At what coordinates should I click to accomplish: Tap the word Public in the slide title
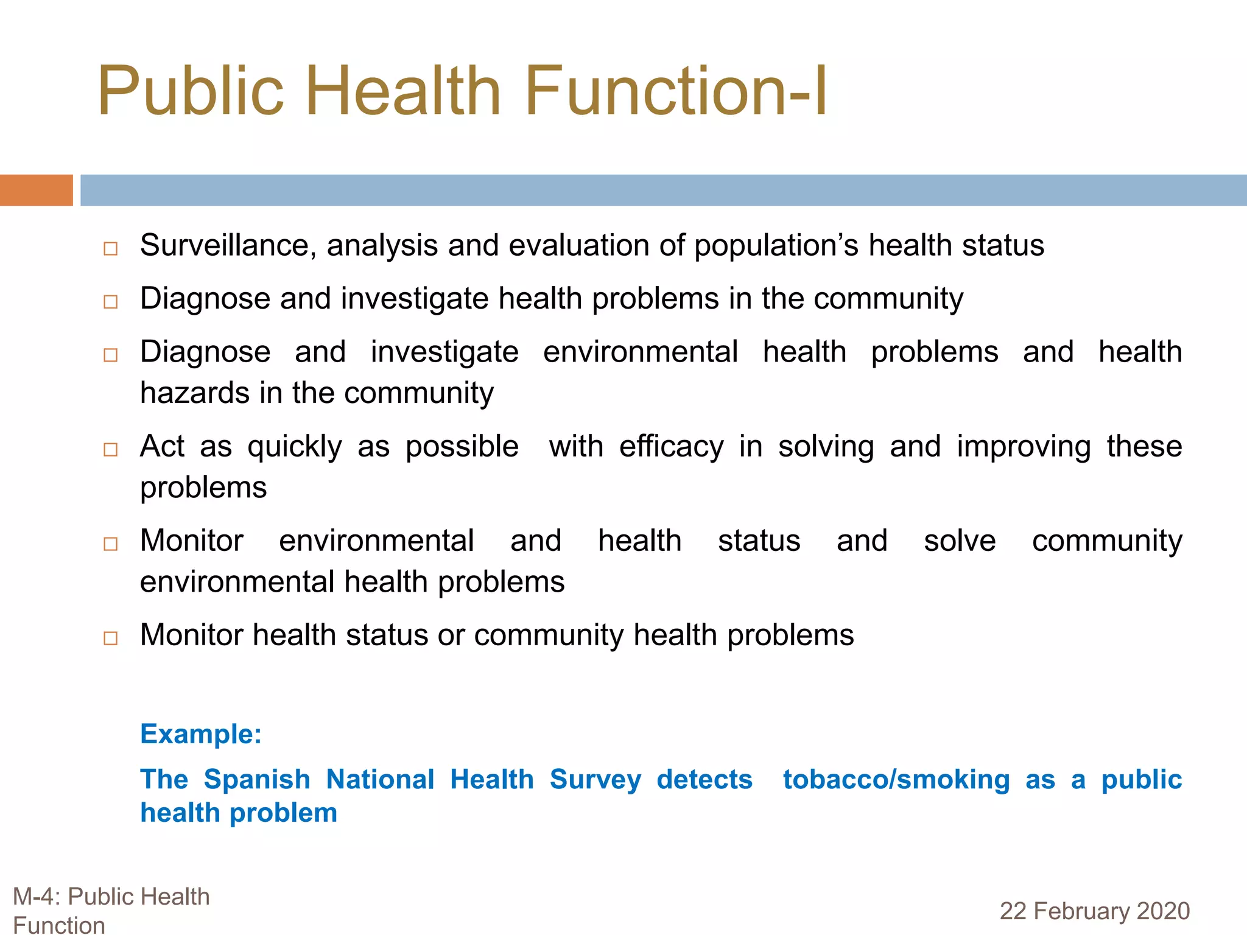191,91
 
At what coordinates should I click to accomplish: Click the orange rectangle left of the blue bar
36,190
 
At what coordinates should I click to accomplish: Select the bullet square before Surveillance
110,248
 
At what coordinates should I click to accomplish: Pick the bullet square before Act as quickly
110,450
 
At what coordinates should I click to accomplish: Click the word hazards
194,393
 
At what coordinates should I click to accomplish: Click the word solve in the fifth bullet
960,541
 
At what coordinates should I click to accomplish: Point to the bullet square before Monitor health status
110,638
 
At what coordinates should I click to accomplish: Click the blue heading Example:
201,734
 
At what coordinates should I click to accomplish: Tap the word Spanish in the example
257,780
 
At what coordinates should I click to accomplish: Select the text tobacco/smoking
896,780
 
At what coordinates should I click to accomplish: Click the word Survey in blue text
595,780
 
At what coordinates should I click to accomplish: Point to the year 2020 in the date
1163,911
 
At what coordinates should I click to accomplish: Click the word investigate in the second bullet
415,299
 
